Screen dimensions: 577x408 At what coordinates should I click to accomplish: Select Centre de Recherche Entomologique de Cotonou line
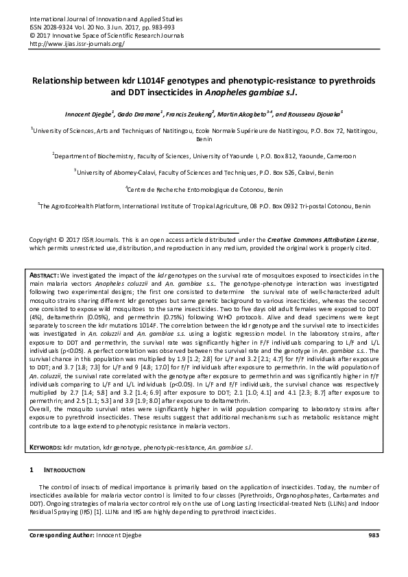click(203, 189)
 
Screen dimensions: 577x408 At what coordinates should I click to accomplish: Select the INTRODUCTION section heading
click(64, 471)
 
